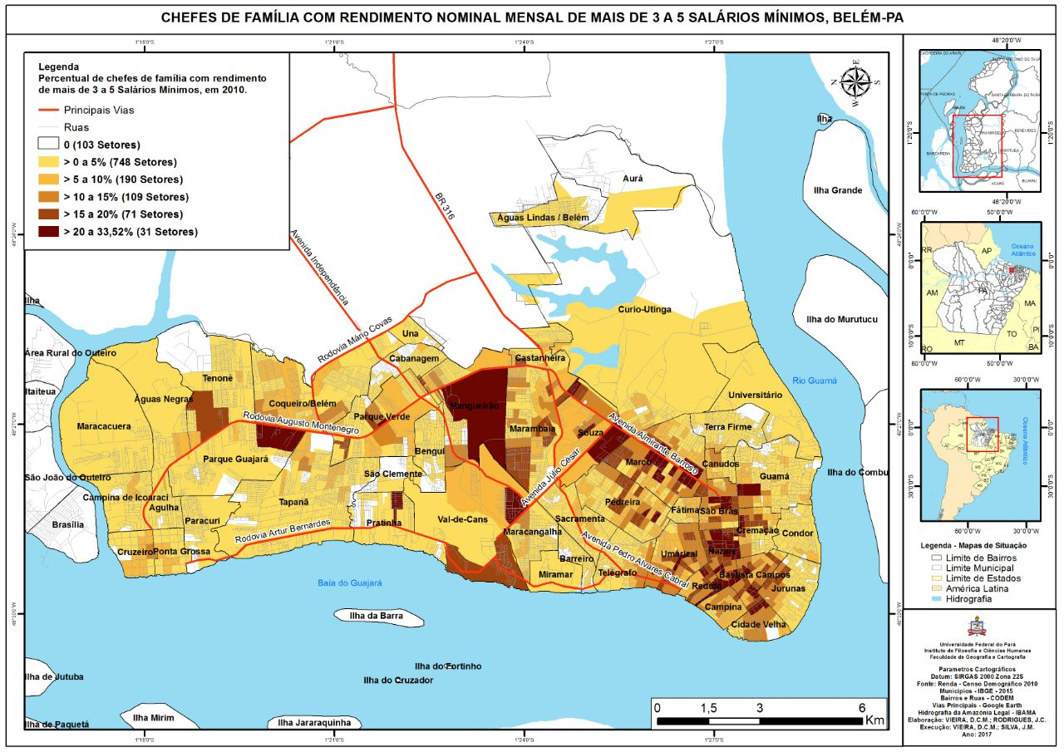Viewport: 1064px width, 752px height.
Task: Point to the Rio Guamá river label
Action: click(815, 381)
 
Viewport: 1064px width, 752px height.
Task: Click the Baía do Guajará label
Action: click(349, 583)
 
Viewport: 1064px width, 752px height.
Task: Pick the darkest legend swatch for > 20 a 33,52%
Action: click(48, 232)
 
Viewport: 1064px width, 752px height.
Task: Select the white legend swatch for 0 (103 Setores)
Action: click(48, 145)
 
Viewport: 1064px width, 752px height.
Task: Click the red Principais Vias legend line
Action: click(48, 110)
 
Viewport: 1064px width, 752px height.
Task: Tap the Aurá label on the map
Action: click(633, 179)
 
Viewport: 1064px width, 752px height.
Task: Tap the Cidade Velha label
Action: click(758, 625)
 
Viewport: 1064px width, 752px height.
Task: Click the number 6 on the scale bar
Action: click(861, 707)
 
